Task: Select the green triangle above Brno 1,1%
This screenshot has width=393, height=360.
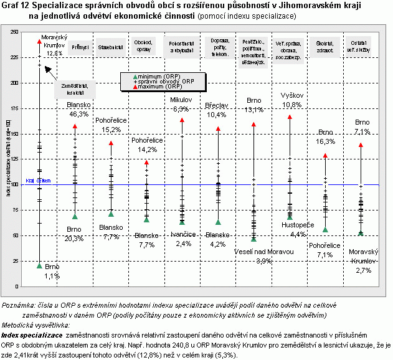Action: point(39,266)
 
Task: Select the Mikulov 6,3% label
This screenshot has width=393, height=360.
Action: point(182,104)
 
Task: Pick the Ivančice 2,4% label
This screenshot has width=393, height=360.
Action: point(183,239)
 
